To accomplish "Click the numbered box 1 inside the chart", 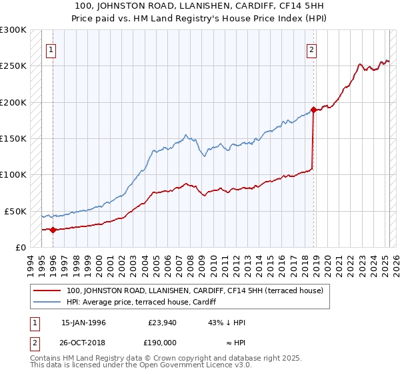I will click(51, 49).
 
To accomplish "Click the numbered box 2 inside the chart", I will click(311, 49).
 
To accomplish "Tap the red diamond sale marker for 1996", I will click(53, 230).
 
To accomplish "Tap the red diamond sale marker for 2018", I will click(313, 110).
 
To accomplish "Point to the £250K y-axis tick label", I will click(13, 66).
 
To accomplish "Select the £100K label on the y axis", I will click(13, 174).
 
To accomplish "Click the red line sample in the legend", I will click(47, 291).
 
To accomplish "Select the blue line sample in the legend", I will click(47, 302).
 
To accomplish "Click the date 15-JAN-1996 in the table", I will click(83, 323).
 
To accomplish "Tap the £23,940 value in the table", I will click(160, 323).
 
